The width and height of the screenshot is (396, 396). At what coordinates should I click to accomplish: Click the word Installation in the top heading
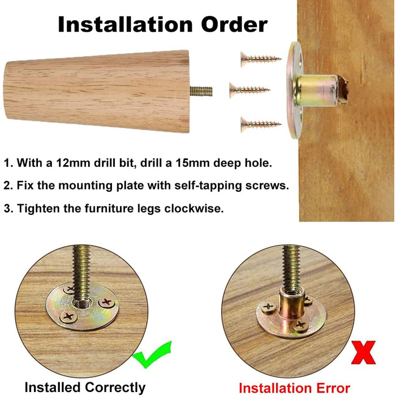(125, 24)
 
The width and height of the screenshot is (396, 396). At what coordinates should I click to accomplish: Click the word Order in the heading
(234, 24)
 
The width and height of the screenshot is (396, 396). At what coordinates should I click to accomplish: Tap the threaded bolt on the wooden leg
(201, 91)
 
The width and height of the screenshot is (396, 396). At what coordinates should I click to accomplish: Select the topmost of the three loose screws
(261, 59)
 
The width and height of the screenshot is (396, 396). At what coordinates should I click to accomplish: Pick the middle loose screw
(249, 89)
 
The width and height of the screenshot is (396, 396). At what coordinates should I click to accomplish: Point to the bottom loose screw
(261, 124)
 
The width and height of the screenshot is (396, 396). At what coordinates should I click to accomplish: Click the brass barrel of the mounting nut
(317, 91)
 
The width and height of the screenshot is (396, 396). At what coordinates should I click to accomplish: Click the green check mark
(152, 354)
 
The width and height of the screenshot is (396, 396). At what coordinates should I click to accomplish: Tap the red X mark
(363, 352)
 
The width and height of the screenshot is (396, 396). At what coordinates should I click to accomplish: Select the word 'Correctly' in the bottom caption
(115, 388)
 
